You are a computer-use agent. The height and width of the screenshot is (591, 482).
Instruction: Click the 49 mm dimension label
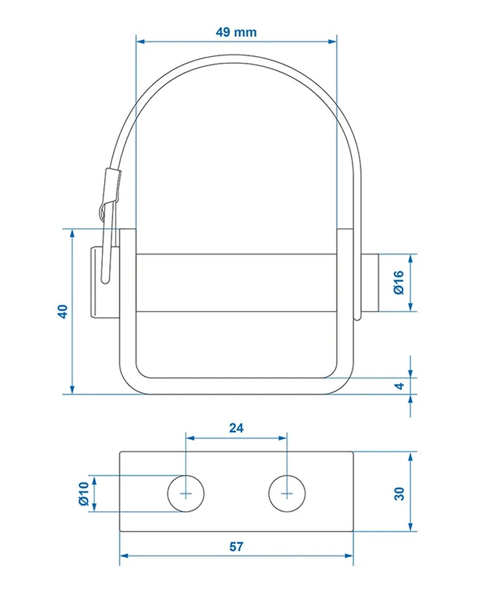pyautogui.click(x=236, y=32)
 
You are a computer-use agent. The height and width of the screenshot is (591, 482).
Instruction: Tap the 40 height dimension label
pyautogui.click(x=63, y=311)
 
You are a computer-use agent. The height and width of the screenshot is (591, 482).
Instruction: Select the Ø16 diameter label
pyautogui.click(x=398, y=282)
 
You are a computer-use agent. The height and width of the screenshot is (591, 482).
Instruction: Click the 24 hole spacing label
pyautogui.click(x=236, y=428)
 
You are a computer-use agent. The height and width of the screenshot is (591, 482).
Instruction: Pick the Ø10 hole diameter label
pyautogui.click(x=83, y=493)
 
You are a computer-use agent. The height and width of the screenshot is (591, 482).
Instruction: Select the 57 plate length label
pyautogui.click(x=236, y=547)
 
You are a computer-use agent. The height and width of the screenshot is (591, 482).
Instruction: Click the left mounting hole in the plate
pyautogui.click(x=186, y=493)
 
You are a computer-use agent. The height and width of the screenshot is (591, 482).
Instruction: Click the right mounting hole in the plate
pyautogui.click(x=287, y=493)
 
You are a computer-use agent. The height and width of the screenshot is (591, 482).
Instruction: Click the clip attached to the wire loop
pyautogui.click(x=109, y=195)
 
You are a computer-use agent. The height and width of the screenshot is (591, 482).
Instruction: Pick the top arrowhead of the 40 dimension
pyautogui.click(x=72, y=233)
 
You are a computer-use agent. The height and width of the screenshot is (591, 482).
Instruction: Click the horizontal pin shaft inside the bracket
pyautogui.click(x=237, y=282)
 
